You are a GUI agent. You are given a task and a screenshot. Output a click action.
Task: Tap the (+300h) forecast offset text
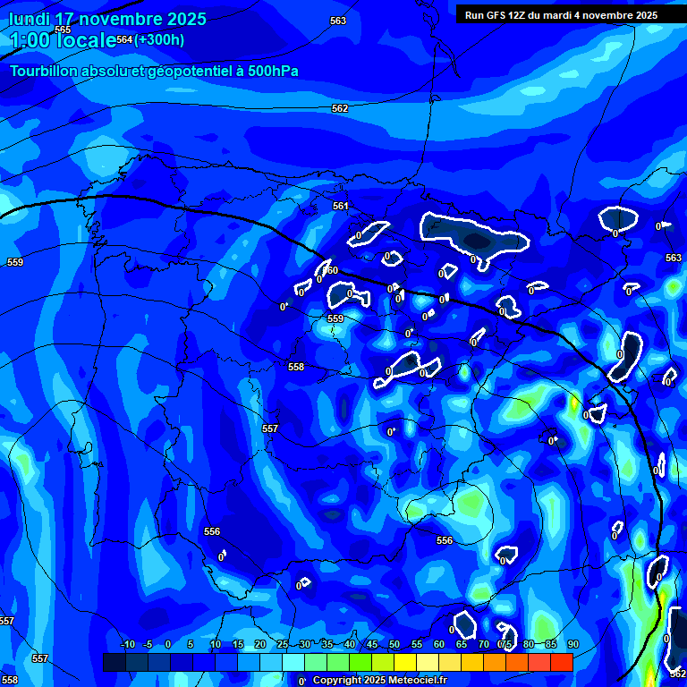[x=160, y=39]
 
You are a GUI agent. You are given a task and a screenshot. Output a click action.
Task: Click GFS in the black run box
[x=497, y=15]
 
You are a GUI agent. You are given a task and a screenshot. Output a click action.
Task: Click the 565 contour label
[x=63, y=30]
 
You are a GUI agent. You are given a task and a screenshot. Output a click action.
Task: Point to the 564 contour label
[x=124, y=39]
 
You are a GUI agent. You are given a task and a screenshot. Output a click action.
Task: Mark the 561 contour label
[x=340, y=206]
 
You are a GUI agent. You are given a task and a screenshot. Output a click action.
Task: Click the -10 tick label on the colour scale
[x=127, y=645]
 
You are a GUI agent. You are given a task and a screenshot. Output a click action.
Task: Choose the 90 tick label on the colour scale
[x=572, y=645]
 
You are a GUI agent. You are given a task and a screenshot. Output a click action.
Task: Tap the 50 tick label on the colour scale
[x=394, y=645]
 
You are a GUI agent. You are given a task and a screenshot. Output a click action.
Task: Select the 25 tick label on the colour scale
[x=283, y=645]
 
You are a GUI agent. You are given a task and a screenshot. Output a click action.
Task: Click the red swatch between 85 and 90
[x=561, y=662]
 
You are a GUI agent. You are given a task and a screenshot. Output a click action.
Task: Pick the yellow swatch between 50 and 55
[x=404, y=662]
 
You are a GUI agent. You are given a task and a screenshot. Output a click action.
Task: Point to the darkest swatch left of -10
[x=114, y=662]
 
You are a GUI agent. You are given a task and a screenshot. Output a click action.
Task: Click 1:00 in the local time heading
[x=30, y=40]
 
